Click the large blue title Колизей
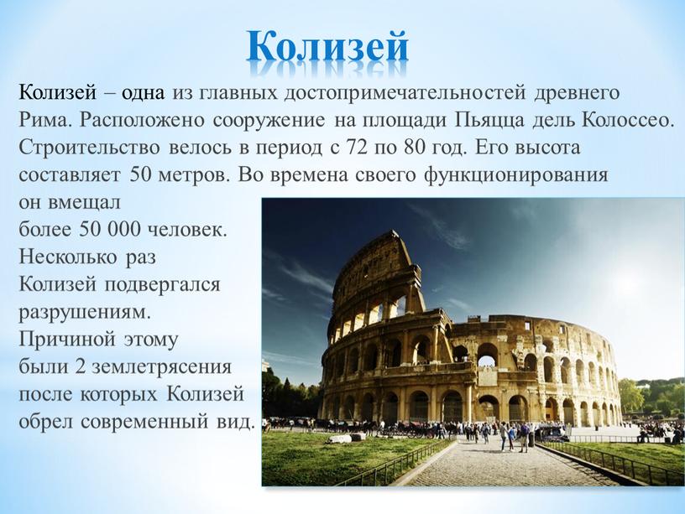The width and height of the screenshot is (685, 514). pyautogui.click(x=327, y=46)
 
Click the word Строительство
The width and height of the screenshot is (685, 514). pyautogui.click(x=90, y=148)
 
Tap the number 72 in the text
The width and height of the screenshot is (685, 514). pyautogui.click(x=357, y=148)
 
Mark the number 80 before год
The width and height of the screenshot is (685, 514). pyautogui.click(x=415, y=148)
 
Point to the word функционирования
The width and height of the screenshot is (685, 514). pyautogui.click(x=516, y=176)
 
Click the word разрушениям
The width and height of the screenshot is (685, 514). pyautogui.click(x=85, y=314)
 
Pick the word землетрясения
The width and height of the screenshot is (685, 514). pyautogui.click(x=161, y=367)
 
